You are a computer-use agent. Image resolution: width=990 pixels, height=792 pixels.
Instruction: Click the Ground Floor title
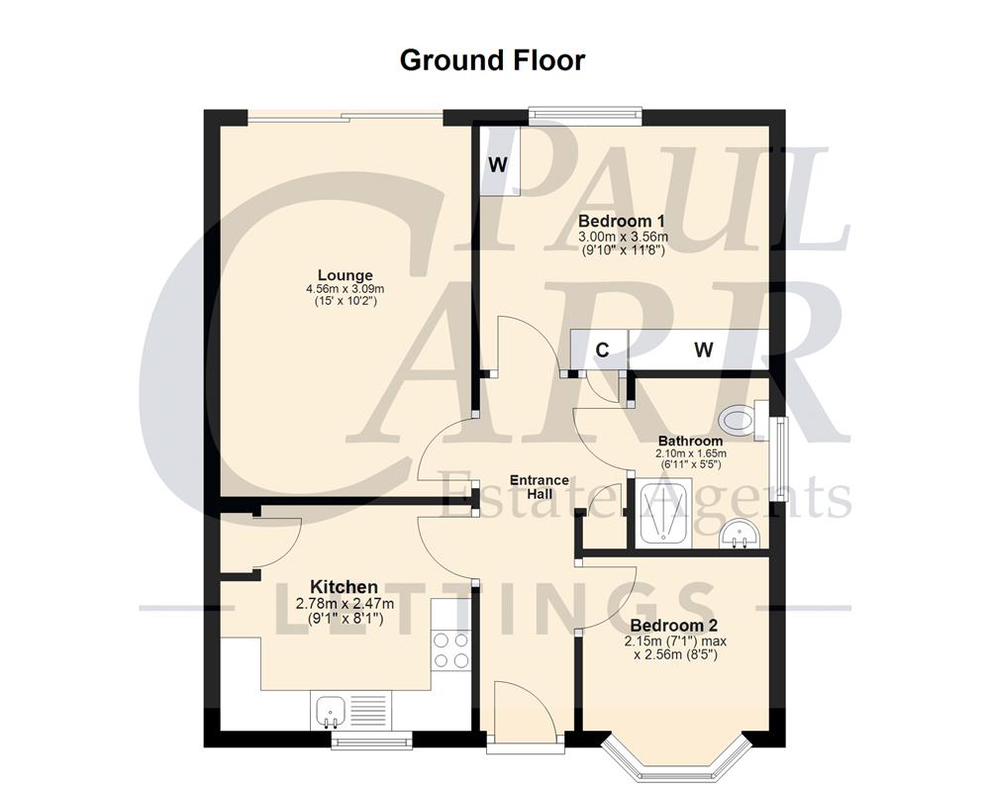[x=492, y=60]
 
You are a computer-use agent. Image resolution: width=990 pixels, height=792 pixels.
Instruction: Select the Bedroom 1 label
[x=622, y=221]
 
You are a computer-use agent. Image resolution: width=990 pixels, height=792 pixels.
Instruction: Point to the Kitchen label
[x=344, y=587]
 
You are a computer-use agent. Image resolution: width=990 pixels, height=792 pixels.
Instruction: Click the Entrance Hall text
[x=539, y=487]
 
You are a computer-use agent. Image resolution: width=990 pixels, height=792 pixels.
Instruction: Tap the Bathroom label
[x=690, y=442]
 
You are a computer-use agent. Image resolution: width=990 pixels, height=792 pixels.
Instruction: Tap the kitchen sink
[x=331, y=710]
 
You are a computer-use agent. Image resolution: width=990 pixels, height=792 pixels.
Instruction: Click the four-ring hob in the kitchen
[x=450, y=651]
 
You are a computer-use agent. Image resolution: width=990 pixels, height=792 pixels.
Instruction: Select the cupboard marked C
[x=601, y=349]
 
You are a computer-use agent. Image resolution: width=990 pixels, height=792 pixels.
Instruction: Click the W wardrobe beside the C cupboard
[x=703, y=349]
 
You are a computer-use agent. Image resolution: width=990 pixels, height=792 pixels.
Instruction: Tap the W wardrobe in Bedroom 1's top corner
[x=498, y=162]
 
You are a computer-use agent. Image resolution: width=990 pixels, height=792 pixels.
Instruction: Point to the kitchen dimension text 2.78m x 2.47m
[x=344, y=604]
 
